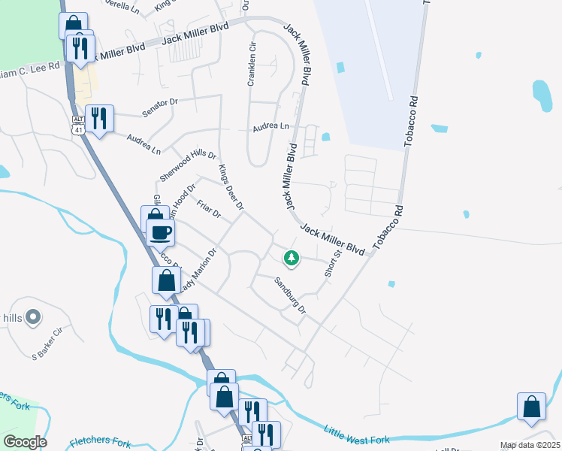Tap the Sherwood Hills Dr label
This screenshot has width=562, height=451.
(187, 165)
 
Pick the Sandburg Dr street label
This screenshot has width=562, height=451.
(290, 295)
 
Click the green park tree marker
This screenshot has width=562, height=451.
(292, 258)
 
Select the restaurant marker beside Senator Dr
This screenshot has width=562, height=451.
(99, 118)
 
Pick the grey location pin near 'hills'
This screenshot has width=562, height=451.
(33, 318)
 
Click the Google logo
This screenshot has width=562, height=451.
(24, 441)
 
